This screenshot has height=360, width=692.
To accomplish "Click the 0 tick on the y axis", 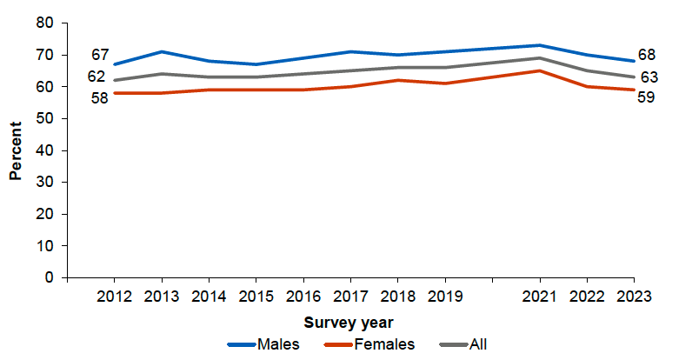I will [x=50, y=278].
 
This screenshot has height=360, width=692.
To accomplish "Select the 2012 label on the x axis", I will [x=114, y=296].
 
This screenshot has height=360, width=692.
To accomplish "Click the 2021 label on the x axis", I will [x=539, y=296].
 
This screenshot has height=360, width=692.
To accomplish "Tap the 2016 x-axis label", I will [x=303, y=296].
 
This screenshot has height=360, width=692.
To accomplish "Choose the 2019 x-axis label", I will [x=444, y=296].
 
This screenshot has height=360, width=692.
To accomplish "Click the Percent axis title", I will [x=16, y=150].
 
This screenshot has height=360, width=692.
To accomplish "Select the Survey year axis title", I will [x=349, y=321].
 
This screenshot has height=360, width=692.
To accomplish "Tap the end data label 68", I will [x=647, y=56].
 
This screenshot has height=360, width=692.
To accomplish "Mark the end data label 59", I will [x=647, y=97].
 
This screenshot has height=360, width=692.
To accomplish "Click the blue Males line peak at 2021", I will [x=539, y=45].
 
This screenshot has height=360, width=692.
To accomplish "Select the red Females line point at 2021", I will [x=539, y=70].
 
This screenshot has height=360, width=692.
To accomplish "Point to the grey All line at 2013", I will [x=162, y=74].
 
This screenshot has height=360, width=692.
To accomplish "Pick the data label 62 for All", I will [x=96, y=77].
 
